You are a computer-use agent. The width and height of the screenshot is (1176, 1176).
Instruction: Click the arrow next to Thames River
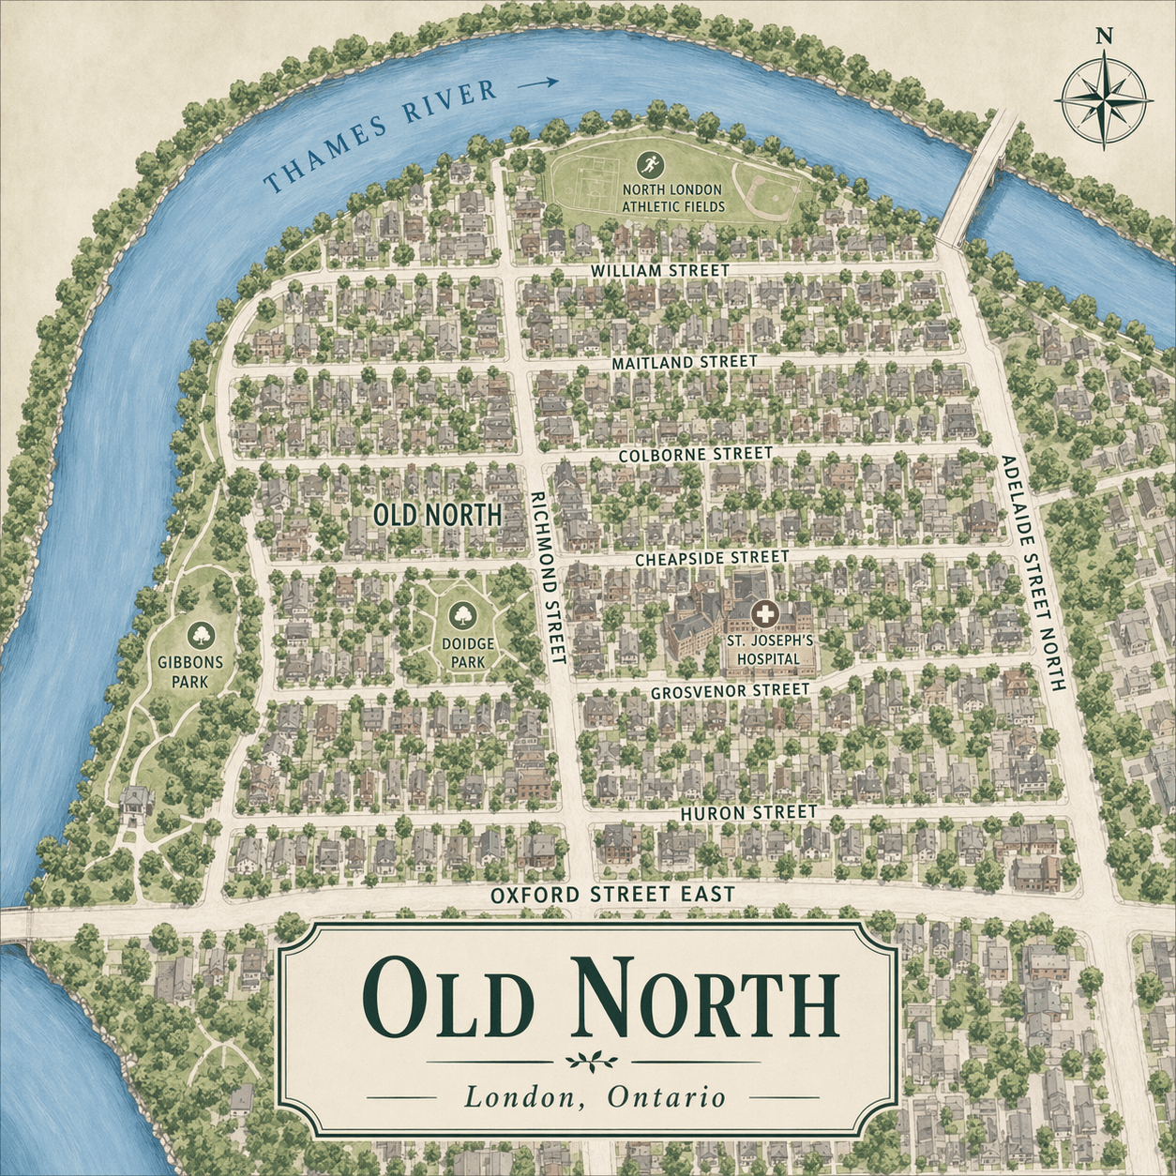538,83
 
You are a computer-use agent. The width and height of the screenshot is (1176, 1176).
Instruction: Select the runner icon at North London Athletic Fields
650,166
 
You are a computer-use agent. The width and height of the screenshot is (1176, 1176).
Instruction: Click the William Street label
659,270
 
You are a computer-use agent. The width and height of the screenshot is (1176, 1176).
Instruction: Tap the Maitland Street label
684,362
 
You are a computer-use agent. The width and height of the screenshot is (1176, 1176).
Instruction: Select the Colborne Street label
696,454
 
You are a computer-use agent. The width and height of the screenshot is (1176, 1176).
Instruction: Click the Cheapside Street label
712,558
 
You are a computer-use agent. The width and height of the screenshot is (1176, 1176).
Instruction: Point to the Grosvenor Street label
730,691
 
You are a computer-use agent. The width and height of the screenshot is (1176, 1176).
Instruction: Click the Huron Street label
747,812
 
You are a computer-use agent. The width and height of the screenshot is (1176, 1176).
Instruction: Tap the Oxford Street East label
612,895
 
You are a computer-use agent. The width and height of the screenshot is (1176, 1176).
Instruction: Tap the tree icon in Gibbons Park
200,635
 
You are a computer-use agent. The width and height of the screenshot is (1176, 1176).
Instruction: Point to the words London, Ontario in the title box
595,1096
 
